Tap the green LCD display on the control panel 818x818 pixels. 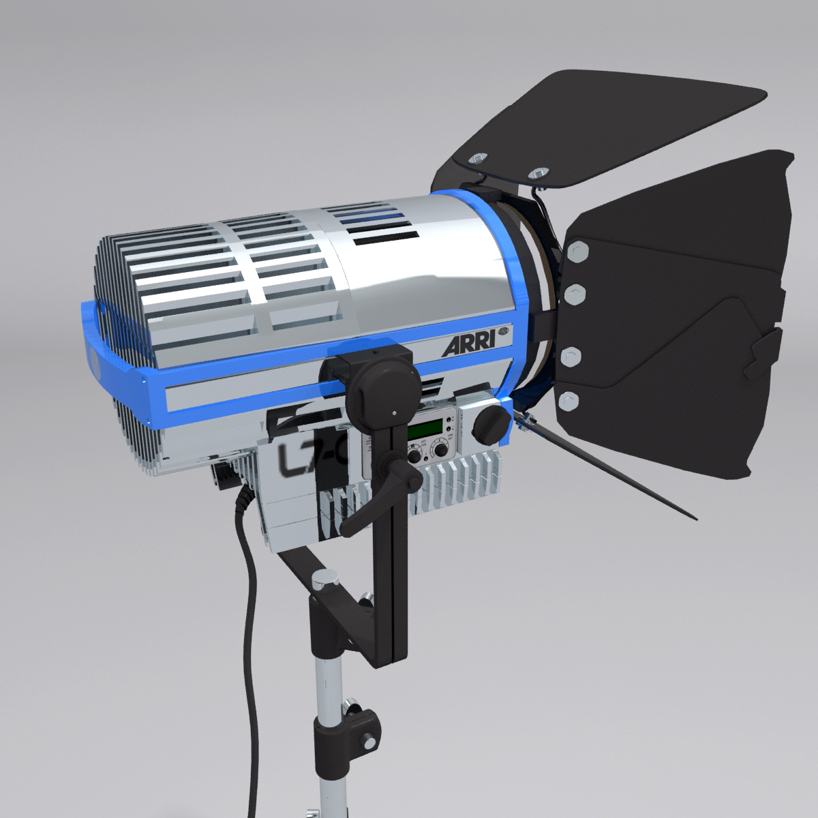[423, 431]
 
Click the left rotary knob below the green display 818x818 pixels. [414, 455]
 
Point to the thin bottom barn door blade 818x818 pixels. [613, 470]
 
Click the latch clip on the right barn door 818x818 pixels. [763, 348]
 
